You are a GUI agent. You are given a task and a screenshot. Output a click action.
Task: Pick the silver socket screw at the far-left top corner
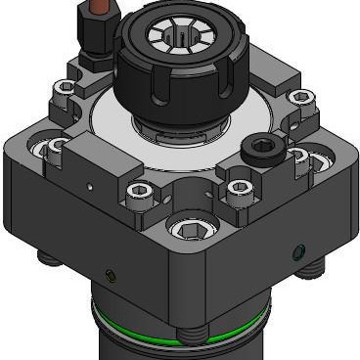click(65, 87)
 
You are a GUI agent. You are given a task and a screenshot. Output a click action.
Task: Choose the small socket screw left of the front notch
click(141, 190)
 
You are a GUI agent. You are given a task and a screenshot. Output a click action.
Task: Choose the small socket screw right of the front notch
click(238, 187)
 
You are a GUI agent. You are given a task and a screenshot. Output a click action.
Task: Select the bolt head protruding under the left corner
click(47, 259)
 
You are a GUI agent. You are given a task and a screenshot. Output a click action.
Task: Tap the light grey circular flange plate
click(108, 122)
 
